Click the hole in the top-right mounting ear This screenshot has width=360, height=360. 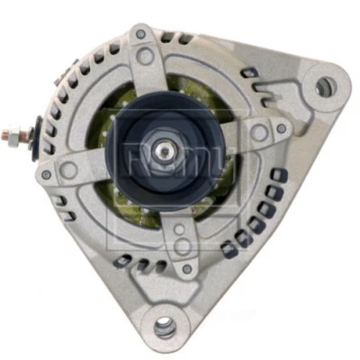324,86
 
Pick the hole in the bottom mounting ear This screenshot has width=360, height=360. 164,328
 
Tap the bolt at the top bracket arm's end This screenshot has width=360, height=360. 139,35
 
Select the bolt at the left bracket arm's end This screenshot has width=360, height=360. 46,174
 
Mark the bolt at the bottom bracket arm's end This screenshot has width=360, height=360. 188,267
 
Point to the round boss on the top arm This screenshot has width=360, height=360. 144,56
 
